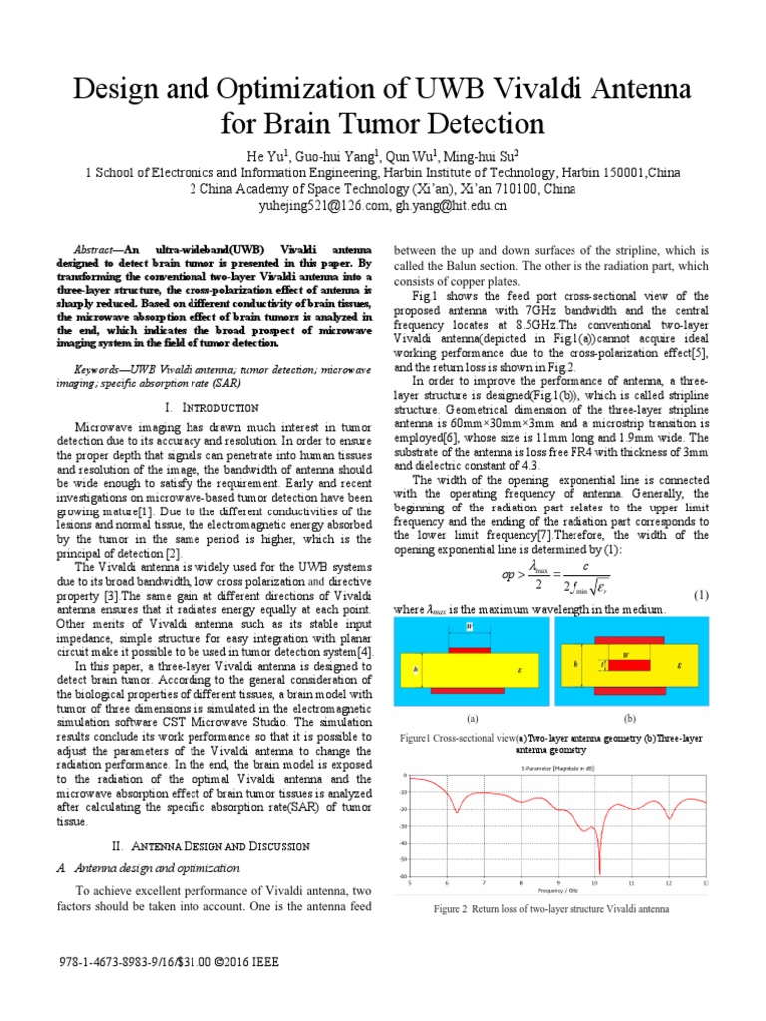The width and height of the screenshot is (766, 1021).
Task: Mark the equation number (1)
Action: coord(701,595)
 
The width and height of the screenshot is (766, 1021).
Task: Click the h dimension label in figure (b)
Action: coord(575,662)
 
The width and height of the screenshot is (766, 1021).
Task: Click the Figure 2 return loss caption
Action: coord(552,909)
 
